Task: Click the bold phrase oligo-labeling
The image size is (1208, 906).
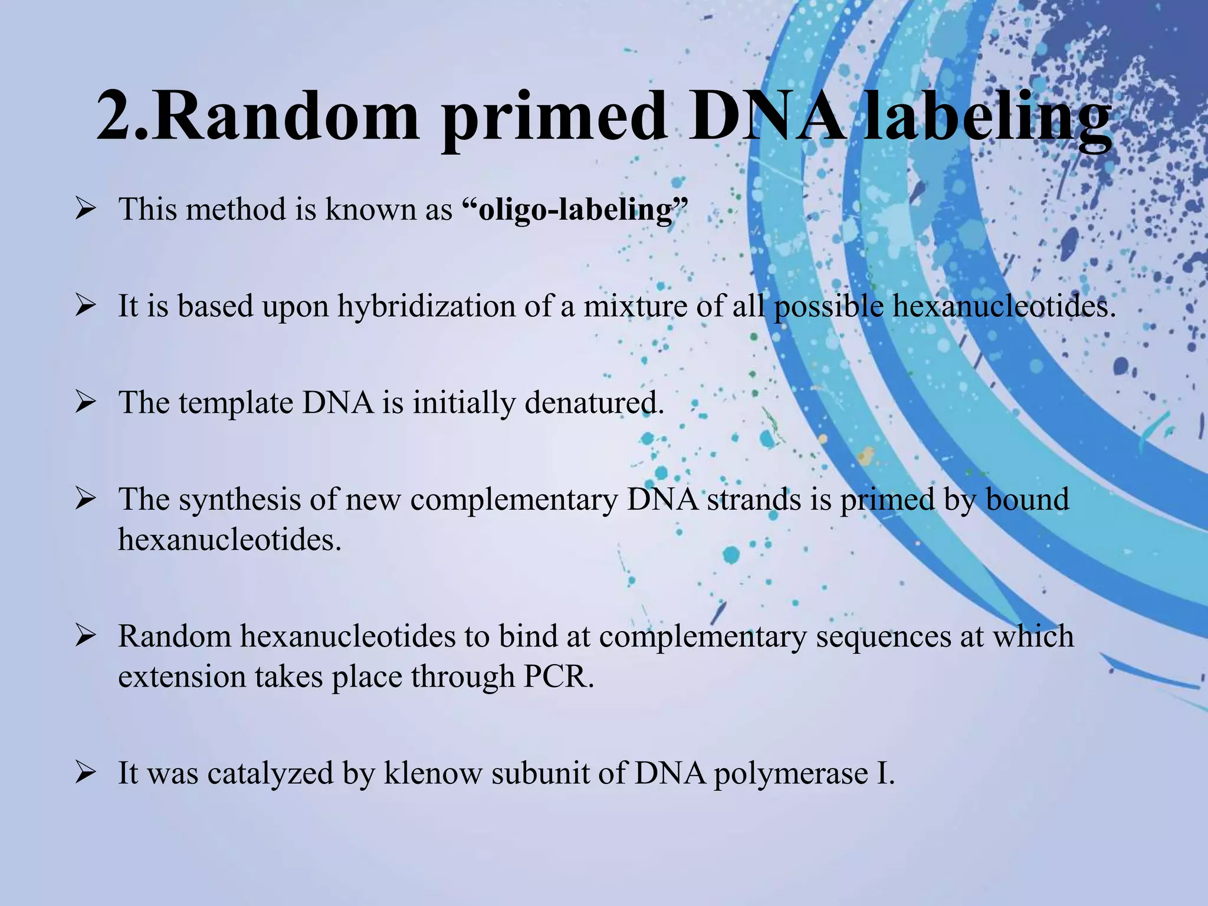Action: pos(575,210)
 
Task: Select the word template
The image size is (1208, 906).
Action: pos(236,403)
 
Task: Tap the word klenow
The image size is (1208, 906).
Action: pos(433,773)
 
